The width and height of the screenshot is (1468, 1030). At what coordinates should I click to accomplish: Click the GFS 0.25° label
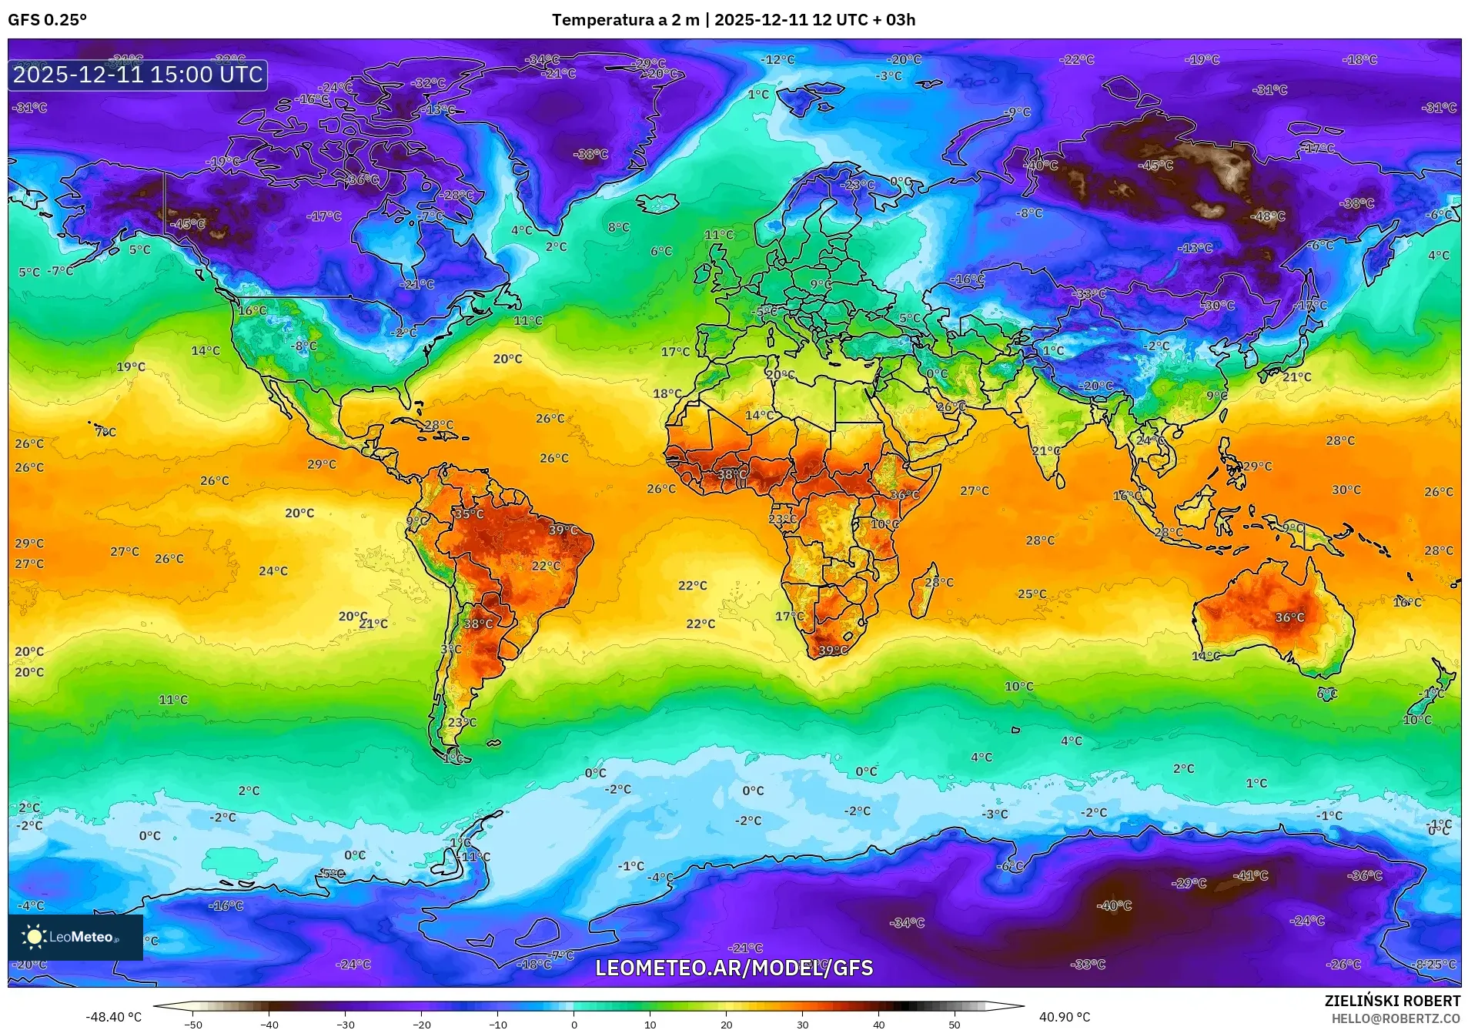pyautogui.click(x=48, y=20)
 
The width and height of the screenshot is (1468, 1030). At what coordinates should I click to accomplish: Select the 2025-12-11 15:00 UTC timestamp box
pyautogui.click(x=138, y=75)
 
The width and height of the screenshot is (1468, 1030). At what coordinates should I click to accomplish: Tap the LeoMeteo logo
pyautogui.click(x=75, y=937)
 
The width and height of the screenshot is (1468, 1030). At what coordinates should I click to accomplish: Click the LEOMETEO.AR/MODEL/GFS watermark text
pyautogui.click(x=734, y=968)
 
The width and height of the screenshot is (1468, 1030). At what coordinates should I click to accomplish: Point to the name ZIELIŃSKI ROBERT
pyautogui.click(x=1392, y=1001)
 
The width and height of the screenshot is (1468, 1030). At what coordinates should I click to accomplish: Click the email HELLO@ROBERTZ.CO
pyautogui.click(x=1396, y=1018)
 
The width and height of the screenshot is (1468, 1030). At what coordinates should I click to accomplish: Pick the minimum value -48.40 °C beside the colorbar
pyautogui.click(x=113, y=1017)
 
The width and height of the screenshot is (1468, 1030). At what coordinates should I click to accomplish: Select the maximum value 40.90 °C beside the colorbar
pyautogui.click(x=1064, y=1017)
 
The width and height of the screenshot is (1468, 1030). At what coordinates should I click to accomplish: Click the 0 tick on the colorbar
pyautogui.click(x=573, y=1023)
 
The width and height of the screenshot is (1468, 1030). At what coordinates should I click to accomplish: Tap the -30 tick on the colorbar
pyautogui.click(x=345, y=1023)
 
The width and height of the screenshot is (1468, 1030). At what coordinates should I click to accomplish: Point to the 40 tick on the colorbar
pyautogui.click(x=878, y=1023)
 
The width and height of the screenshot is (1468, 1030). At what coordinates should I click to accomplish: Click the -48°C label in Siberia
pyautogui.click(x=1267, y=216)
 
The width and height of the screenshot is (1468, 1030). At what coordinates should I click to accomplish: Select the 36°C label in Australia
pyautogui.click(x=1289, y=617)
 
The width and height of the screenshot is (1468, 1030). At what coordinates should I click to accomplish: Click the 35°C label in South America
pyautogui.click(x=469, y=513)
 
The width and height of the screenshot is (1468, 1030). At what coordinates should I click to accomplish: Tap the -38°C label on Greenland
pyautogui.click(x=590, y=154)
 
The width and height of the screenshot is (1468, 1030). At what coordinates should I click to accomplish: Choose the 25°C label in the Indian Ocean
pyautogui.click(x=1032, y=594)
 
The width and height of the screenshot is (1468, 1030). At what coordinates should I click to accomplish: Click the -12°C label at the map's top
pyautogui.click(x=777, y=59)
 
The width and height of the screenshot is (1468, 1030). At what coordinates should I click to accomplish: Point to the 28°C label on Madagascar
pyautogui.click(x=938, y=582)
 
